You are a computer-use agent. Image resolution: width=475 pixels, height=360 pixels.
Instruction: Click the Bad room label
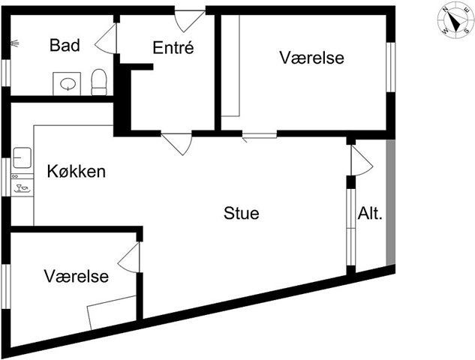click(x=65, y=45)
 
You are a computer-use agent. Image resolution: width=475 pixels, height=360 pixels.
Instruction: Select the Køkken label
click(x=76, y=171)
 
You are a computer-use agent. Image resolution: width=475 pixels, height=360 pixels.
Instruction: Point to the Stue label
click(x=242, y=213)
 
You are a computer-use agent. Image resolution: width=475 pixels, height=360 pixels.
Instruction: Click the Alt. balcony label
click(x=371, y=213)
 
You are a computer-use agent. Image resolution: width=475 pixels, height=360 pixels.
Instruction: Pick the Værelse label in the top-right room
click(x=311, y=57)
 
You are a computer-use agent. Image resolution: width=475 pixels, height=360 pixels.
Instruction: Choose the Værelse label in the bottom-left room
click(x=76, y=276)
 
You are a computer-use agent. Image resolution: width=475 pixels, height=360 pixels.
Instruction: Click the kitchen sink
click(x=22, y=157)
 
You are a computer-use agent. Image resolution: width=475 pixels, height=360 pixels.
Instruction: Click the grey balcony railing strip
click(x=389, y=202)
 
